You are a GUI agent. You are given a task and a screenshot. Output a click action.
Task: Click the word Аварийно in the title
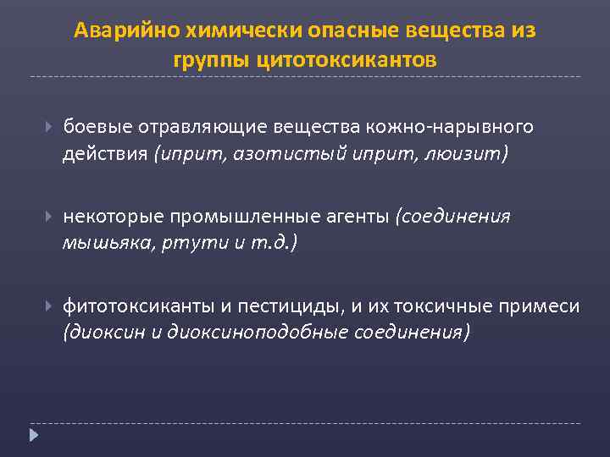[x=114, y=30]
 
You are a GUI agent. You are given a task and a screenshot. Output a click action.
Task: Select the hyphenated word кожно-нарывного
[x=450, y=126]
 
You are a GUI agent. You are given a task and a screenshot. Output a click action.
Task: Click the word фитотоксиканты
[x=125, y=306]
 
